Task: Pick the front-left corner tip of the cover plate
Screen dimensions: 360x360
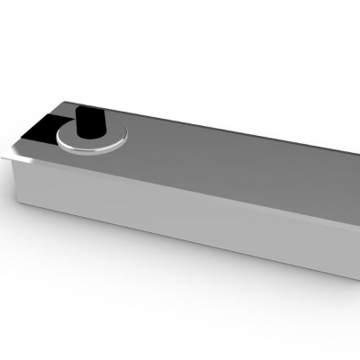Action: (4, 156)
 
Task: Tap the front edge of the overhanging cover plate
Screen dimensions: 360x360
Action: (180, 185)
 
